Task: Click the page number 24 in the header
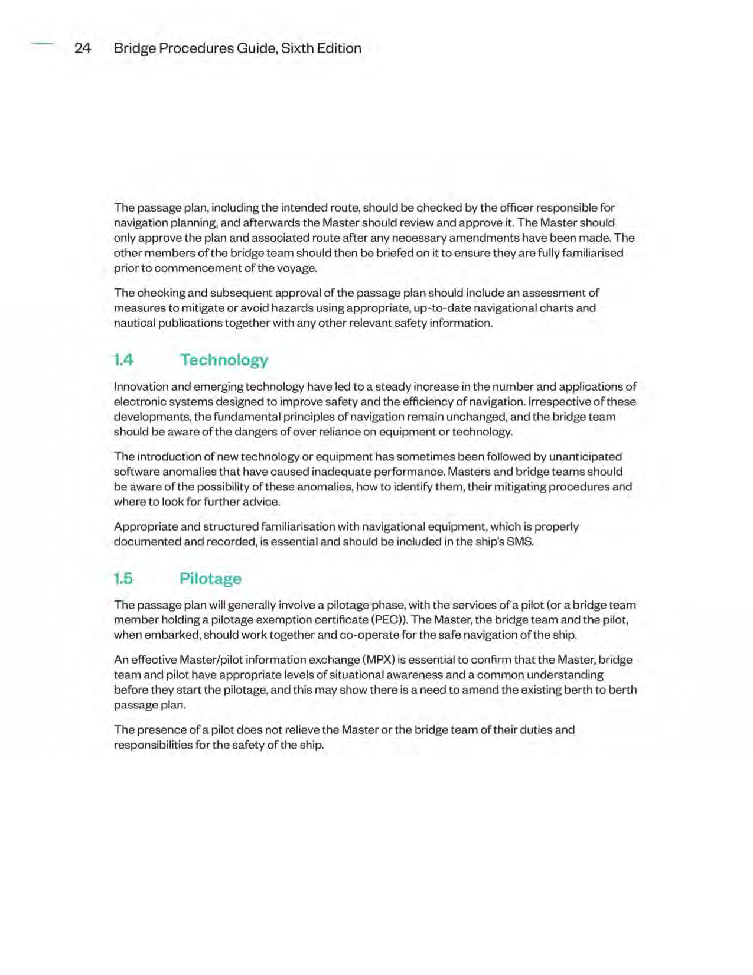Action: (x=83, y=48)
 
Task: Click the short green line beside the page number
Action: (x=42, y=43)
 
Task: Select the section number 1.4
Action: (x=124, y=360)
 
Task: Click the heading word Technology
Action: (x=224, y=360)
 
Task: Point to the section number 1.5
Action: (x=123, y=578)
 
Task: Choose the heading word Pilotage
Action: (x=210, y=578)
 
